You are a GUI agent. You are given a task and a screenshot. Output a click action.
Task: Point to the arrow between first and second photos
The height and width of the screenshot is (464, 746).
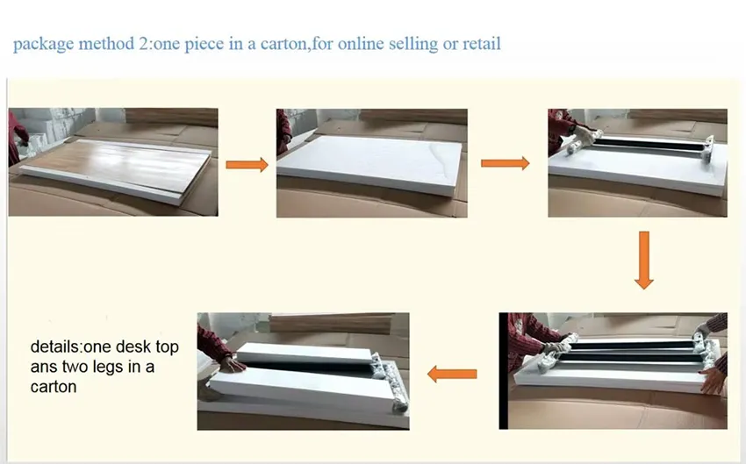tap(247, 164)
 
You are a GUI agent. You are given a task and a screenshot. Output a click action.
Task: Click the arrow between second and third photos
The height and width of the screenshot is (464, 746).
tap(506, 163)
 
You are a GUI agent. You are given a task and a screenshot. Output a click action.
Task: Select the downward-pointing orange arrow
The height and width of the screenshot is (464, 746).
tap(644, 260)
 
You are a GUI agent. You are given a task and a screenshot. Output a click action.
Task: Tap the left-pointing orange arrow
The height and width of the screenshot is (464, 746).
tap(452, 375)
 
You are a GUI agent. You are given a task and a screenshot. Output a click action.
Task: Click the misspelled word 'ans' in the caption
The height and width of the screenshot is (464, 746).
tap(43, 367)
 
